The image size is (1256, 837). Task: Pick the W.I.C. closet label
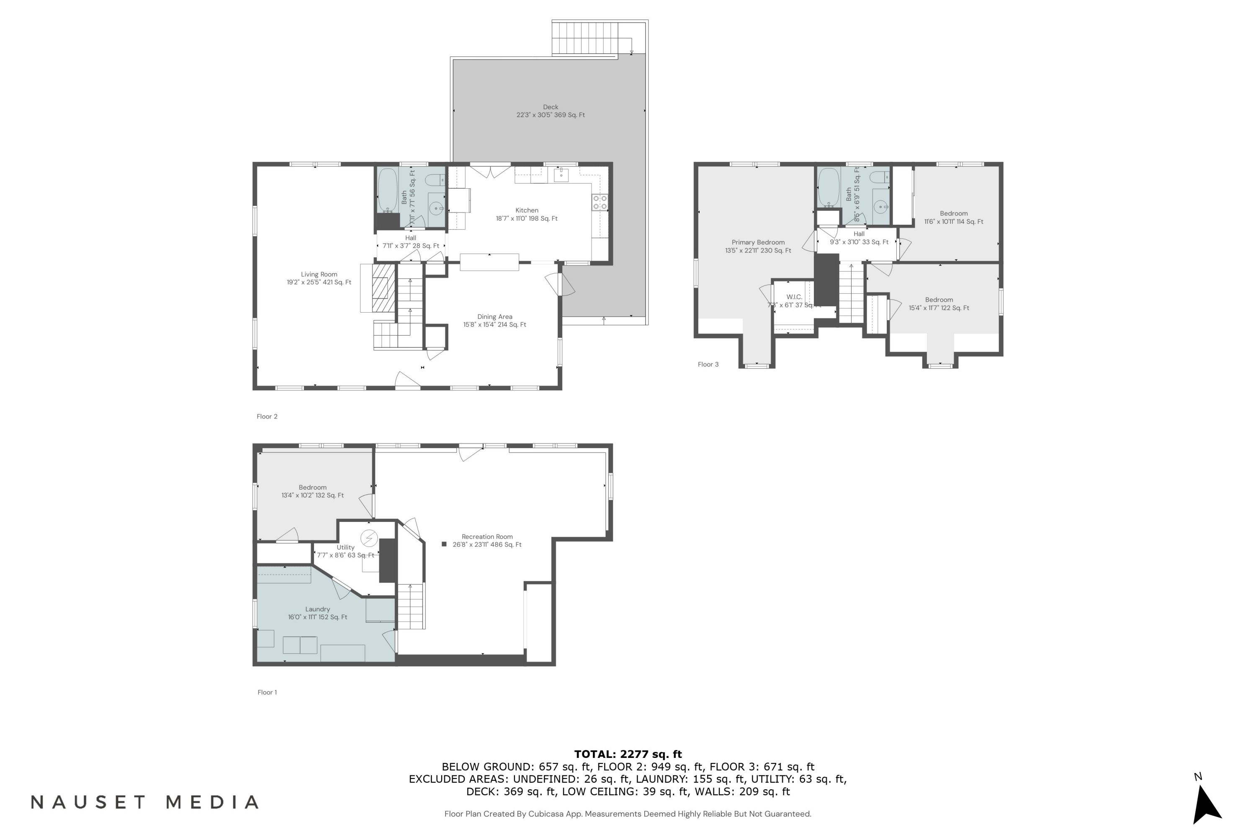click(794, 297)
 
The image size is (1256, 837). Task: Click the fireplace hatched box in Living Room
click(383, 288)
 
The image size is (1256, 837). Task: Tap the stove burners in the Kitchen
click(600, 202)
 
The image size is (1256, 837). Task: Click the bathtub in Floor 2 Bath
click(388, 190)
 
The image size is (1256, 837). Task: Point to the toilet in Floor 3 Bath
click(879, 177)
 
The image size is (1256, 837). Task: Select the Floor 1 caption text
click(267, 692)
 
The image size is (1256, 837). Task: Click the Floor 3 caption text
click(708, 365)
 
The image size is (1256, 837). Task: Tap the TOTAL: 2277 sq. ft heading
click(628, 754)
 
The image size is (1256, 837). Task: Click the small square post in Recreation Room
click(444, 544)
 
